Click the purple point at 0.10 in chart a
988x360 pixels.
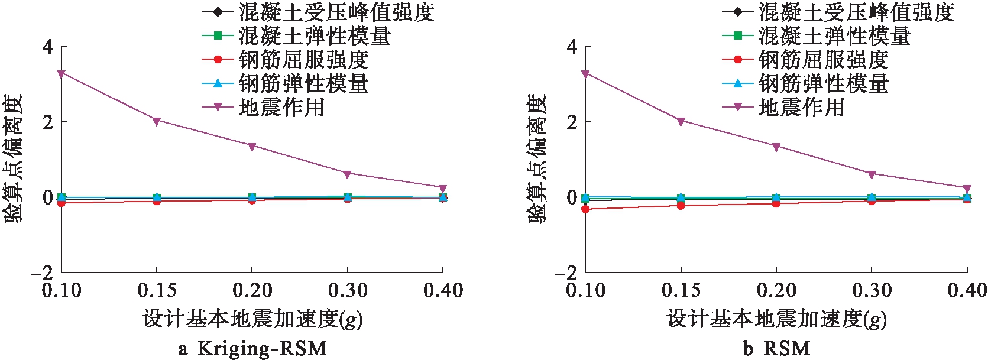tap(61, 73)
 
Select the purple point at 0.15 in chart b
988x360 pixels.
tap(681, 121)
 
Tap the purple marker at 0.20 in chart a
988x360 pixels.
tap(252, 146)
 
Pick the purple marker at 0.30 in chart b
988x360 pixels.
tap(872, 174)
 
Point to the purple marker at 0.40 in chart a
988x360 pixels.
tap(443, 189)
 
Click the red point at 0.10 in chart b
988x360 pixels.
tap(585, 209)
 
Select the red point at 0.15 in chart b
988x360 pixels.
tap(681, 205)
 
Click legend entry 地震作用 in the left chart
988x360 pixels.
tap(281, 107)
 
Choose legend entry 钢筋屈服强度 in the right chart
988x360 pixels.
tap(824, 60)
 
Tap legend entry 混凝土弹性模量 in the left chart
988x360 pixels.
tap(315, 36)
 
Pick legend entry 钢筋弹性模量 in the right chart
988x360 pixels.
tap(824, 83)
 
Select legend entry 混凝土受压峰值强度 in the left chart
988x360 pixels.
tap(336, 12)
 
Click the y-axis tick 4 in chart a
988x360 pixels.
tap(47, 47)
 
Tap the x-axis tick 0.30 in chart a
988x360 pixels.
tap(348, 290)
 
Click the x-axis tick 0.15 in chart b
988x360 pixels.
tap(681, 290)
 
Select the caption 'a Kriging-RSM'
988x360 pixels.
tap(252, 348)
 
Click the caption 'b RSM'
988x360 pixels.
tap(776, 348)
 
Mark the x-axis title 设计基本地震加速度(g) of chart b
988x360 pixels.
tap(776, 319)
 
